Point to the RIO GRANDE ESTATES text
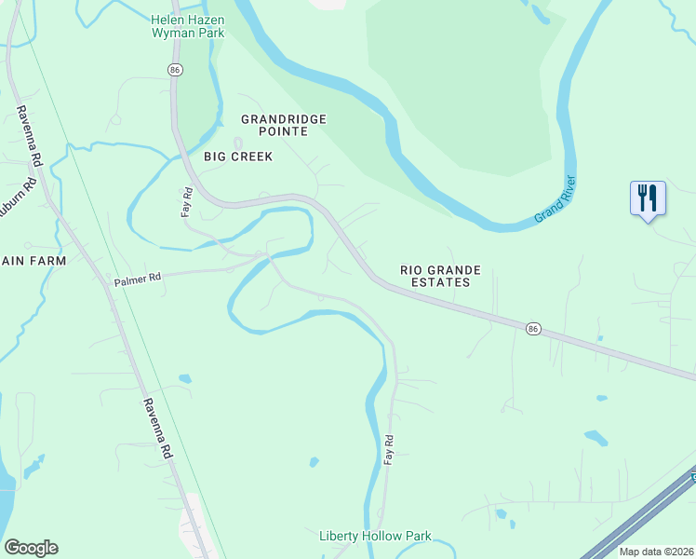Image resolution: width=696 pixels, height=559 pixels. coord(441,276)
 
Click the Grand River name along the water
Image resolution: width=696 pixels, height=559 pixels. coord(555,201)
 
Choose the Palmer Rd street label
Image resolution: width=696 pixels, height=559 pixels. coord(138,278)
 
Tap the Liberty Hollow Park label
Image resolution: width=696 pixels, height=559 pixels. coord(375,537)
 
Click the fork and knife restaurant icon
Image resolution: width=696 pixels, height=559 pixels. coord(648,198)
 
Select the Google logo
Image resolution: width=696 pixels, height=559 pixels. coord(31,548)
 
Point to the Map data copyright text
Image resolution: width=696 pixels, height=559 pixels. coord(656,552)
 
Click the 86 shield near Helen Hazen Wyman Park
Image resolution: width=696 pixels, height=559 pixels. coord(174,70)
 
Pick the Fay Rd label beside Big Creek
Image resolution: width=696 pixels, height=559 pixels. coord(186,202)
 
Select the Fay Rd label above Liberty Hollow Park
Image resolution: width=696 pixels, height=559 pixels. coord(390,450)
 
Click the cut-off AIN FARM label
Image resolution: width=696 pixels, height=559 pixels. coord(33,261)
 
